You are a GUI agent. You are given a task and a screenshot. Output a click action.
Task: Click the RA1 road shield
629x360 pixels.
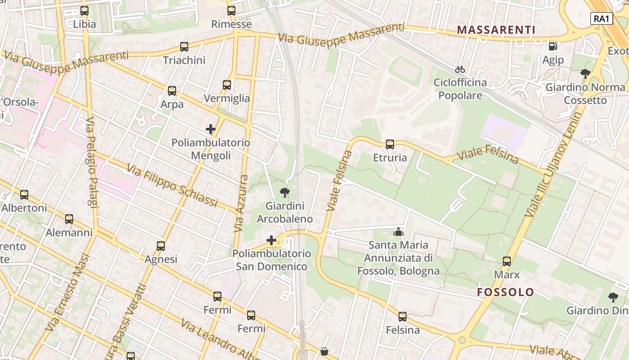point(602,18)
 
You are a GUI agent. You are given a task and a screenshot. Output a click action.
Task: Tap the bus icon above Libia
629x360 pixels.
point(84,11)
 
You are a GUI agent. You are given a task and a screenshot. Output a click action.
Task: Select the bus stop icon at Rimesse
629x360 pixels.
point(231,11)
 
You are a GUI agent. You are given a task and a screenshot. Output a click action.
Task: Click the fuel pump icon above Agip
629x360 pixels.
point(553,46)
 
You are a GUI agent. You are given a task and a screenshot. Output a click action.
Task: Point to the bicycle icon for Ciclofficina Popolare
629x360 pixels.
point(460,69)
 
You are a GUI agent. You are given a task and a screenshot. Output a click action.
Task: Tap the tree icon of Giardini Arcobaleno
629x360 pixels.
point(284,193)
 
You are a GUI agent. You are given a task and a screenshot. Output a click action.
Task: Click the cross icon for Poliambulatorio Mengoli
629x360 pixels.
point(211,129)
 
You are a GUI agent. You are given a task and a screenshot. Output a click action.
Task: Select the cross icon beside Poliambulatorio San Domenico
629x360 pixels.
point(271,240)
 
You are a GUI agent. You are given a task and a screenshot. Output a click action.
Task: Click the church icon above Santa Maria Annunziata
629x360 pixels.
point(398,232)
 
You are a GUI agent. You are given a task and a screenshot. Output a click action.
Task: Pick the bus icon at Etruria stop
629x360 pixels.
point(390,144)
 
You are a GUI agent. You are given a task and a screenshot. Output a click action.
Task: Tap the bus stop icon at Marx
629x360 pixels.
point(507,261)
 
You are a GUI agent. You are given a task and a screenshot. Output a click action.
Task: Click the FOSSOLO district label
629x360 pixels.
point(505,292)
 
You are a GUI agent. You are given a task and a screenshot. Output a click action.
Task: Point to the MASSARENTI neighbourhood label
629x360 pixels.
point(496,30)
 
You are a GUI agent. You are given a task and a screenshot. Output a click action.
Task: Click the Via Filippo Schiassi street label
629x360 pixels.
point(172,185)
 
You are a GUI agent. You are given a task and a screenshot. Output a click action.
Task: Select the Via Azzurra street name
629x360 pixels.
point(241,203)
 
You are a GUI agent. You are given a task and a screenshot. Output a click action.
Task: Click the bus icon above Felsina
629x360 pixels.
point(403,317)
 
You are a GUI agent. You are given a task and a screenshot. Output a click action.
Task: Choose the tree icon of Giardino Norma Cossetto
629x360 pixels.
point(585,73)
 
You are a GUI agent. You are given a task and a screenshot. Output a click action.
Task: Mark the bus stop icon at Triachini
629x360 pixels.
point(184,47)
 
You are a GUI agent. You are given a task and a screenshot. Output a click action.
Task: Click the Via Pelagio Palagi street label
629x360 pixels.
point(92,163)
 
